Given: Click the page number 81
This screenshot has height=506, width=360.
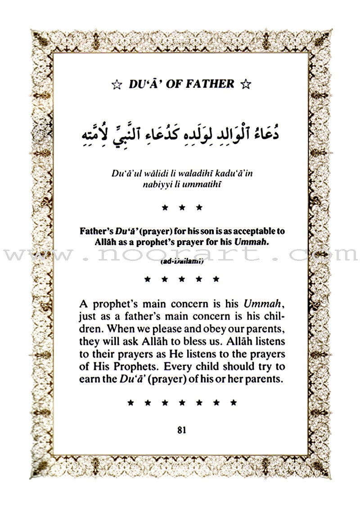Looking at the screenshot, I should [182, 429].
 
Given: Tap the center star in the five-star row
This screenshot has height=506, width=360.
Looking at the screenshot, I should [182, 279].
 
